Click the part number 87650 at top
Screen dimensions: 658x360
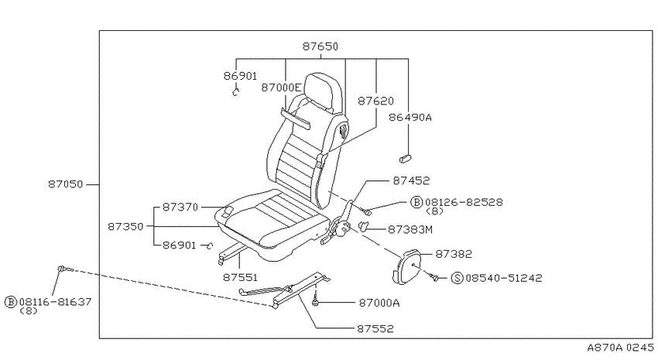pyautogui.click(x=320, y=46)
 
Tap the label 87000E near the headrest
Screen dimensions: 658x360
pyautogui.click(x=281, y=87)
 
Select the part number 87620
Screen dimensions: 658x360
pyautogui.click(x=375, y=101)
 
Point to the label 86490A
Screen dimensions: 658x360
pyautogui.click(x=410, y=117)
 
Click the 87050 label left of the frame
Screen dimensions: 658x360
pyautogui.click(x=66, y=184)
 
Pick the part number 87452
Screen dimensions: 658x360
pyautogui.click(x=411, y=181)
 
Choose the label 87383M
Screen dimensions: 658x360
pyautogui.click(x=410, y=229)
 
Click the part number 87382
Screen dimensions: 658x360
pyautogui.click(x=454, y=254)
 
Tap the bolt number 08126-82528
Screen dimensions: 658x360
pyautogui.click(x=464, y=202)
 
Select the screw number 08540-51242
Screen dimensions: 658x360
pyautogui.click(x=504, y=278)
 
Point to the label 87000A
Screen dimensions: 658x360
pyautogui.click(x=379, y=303)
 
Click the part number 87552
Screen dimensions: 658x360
pyautogui.click(x=375, y=328)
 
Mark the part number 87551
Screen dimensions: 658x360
pyautogui.click(x=240, y=277)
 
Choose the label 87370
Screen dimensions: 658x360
pyautogui.click(x=180, y=207)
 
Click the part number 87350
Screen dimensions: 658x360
pyautogui.click(x=125, y=227)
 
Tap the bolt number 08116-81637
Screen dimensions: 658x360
pyautogui.click(x=56, y=302)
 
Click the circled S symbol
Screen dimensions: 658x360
pyautogui.click(x=457, y=278)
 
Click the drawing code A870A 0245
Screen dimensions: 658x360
pyautogui.click(x=620, y=348)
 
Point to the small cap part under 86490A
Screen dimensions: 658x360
pyautogui.click(x=405, y=159)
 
